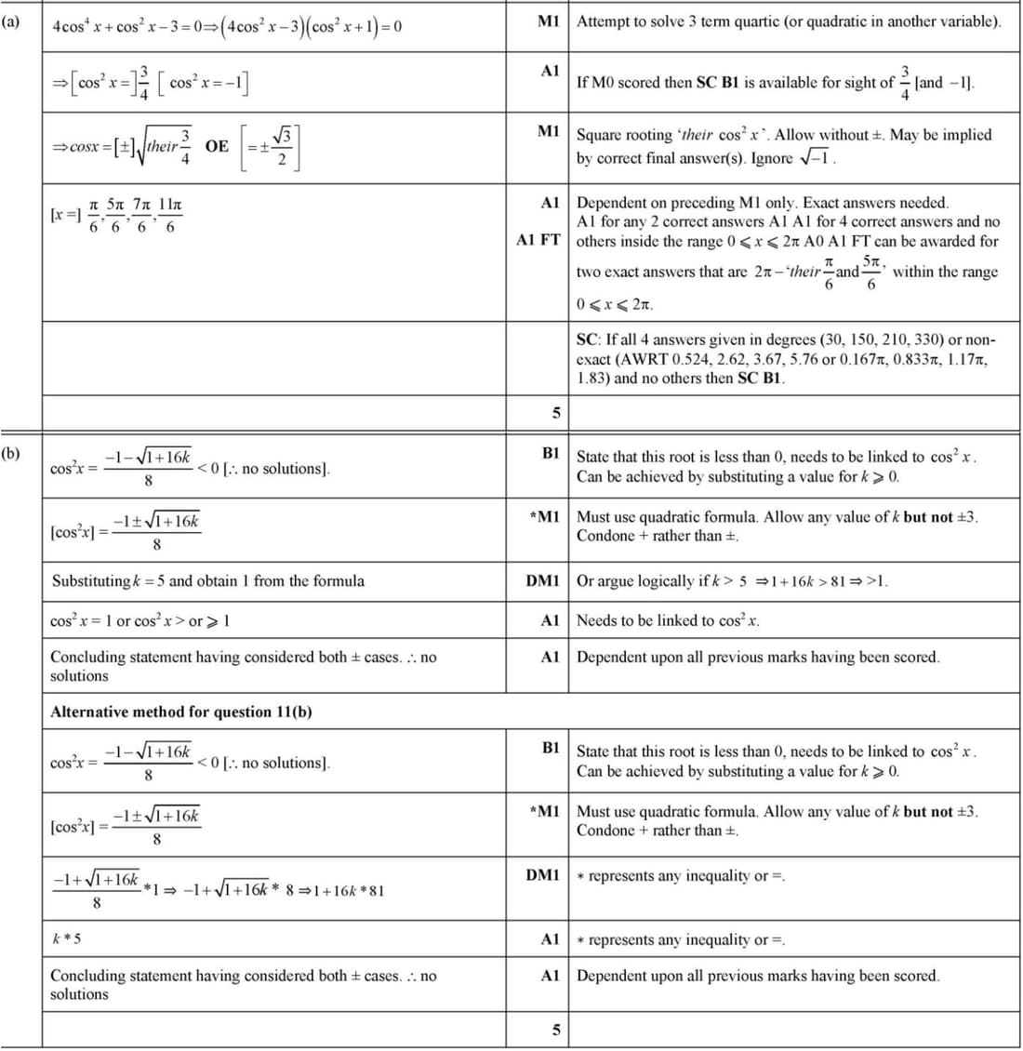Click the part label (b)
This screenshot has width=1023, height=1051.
pyautogui.click(x=10, y=454)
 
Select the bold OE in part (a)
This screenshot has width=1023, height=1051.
pyautogui.click(x=217, y=146)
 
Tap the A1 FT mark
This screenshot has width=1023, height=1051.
pyautogui.click(x=538, y=240)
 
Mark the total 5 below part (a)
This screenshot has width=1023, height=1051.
pyautogui.click(x=556, y=412)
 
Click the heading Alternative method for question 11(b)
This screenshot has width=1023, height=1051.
pyautogui.click(x=180, y=712)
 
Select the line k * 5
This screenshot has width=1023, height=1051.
pyautogui.click(x=66, y=938)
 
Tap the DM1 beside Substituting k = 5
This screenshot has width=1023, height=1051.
pyautogui.click(x=542, y=580)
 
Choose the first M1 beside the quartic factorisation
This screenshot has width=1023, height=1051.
pyautogui.click(x=549, y=20)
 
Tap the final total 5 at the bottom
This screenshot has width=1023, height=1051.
pyautogui.click(x=556, y=1030)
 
